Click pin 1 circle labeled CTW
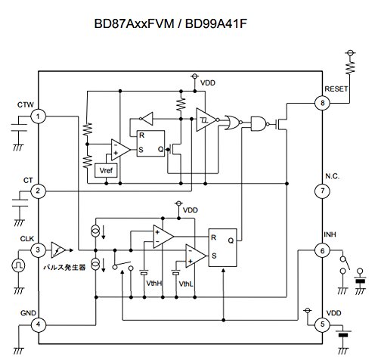tap(39, 116)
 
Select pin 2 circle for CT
tap(39, 191)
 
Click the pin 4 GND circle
tap(39, 324)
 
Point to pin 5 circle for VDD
tap(324, 324)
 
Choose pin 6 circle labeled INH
tap(324, 250)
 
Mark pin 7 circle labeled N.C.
tap(324, 191)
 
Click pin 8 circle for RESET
tap(324, 103)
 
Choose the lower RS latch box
tap(224, 246)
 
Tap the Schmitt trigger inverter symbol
tap(206, 118)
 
